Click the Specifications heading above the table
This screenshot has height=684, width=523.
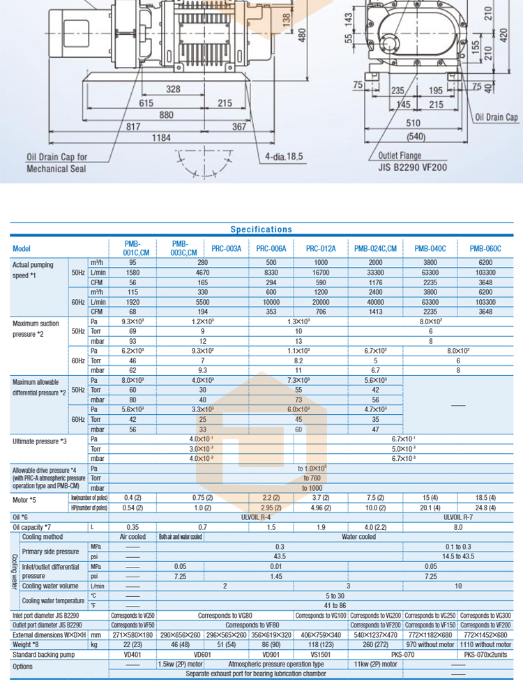coord(261,229)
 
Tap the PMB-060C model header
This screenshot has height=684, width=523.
coord(485,248)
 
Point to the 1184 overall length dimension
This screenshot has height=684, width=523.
coord(162,138)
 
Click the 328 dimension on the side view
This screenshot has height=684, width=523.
coord(172,89)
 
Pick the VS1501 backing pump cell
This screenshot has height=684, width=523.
coord(321,655)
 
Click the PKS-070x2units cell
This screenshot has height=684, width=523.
coord(485,655)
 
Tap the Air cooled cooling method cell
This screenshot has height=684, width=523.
coord(132,537)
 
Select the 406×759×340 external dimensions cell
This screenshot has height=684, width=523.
coord(321,635)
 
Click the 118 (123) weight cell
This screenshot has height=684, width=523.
coord(321,645)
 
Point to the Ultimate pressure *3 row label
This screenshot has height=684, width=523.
coord(40,441)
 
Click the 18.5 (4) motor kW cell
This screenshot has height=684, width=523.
coord(485,497)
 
